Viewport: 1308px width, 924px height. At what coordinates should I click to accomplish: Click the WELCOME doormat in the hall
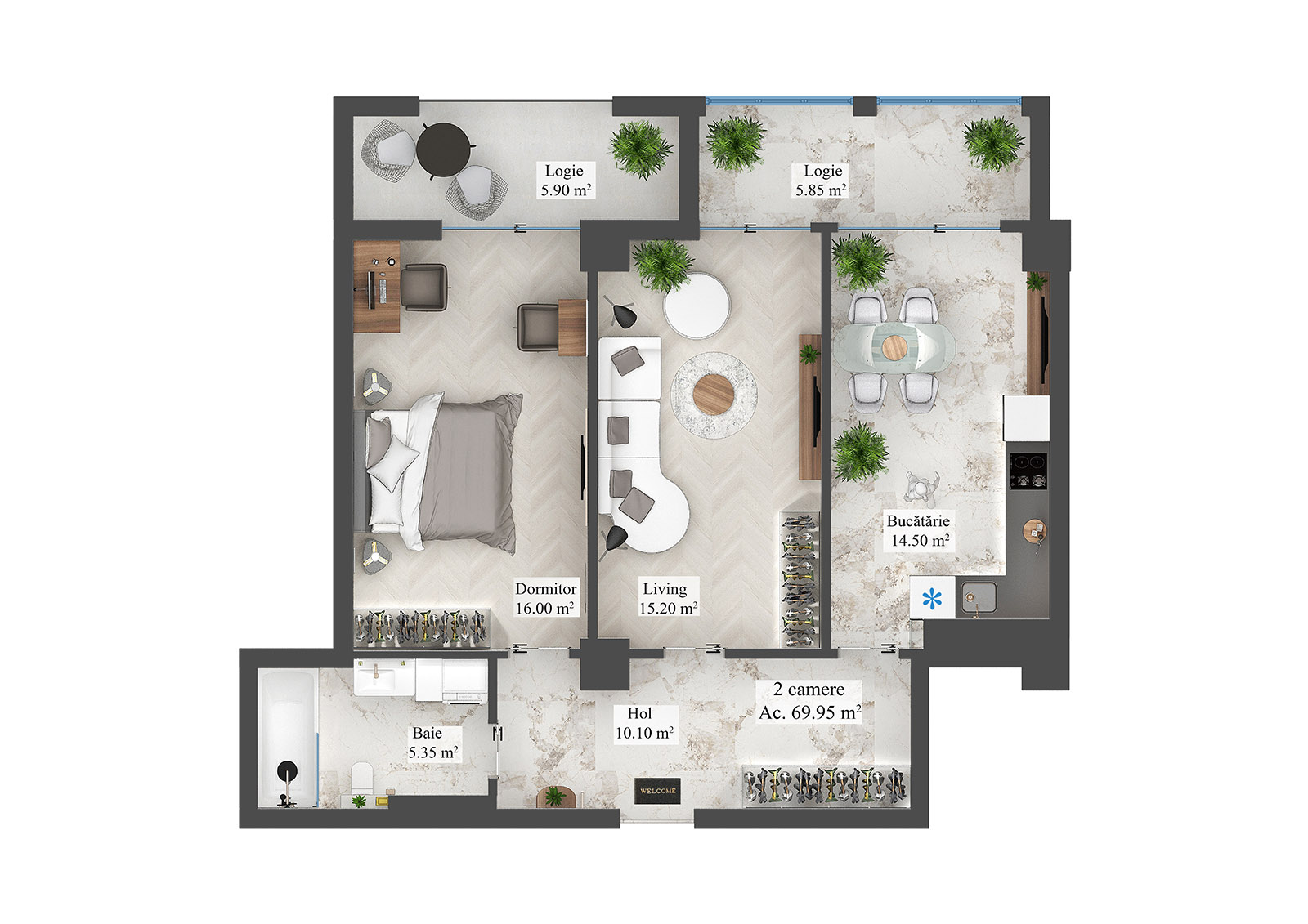[x=657, y=791]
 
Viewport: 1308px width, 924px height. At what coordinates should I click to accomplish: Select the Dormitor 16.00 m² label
[x=545, y=599]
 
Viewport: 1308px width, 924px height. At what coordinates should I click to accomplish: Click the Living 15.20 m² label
[x=668, y=599]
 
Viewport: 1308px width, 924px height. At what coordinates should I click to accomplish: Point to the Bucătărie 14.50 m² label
[x=919, y=531]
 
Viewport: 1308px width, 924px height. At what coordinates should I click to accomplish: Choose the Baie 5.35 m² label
[x=432, y=743]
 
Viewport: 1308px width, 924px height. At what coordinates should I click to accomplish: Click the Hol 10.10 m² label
[x=643, y=724]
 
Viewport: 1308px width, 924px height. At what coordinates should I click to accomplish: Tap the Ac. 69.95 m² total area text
[x=809, y=712]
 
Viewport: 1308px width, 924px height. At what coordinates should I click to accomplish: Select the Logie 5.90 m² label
[x=565, y=181]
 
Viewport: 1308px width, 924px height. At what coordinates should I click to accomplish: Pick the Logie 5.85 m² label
[x=822, y=181]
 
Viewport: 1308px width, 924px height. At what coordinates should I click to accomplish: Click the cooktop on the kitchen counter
[x=1028, y=471]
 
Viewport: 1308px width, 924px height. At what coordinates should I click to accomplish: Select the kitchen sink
[x=978, y=596]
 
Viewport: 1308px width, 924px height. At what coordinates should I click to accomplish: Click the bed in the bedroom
[x=442, y=472]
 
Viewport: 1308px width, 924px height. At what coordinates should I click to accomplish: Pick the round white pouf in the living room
[x=696, y=305]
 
